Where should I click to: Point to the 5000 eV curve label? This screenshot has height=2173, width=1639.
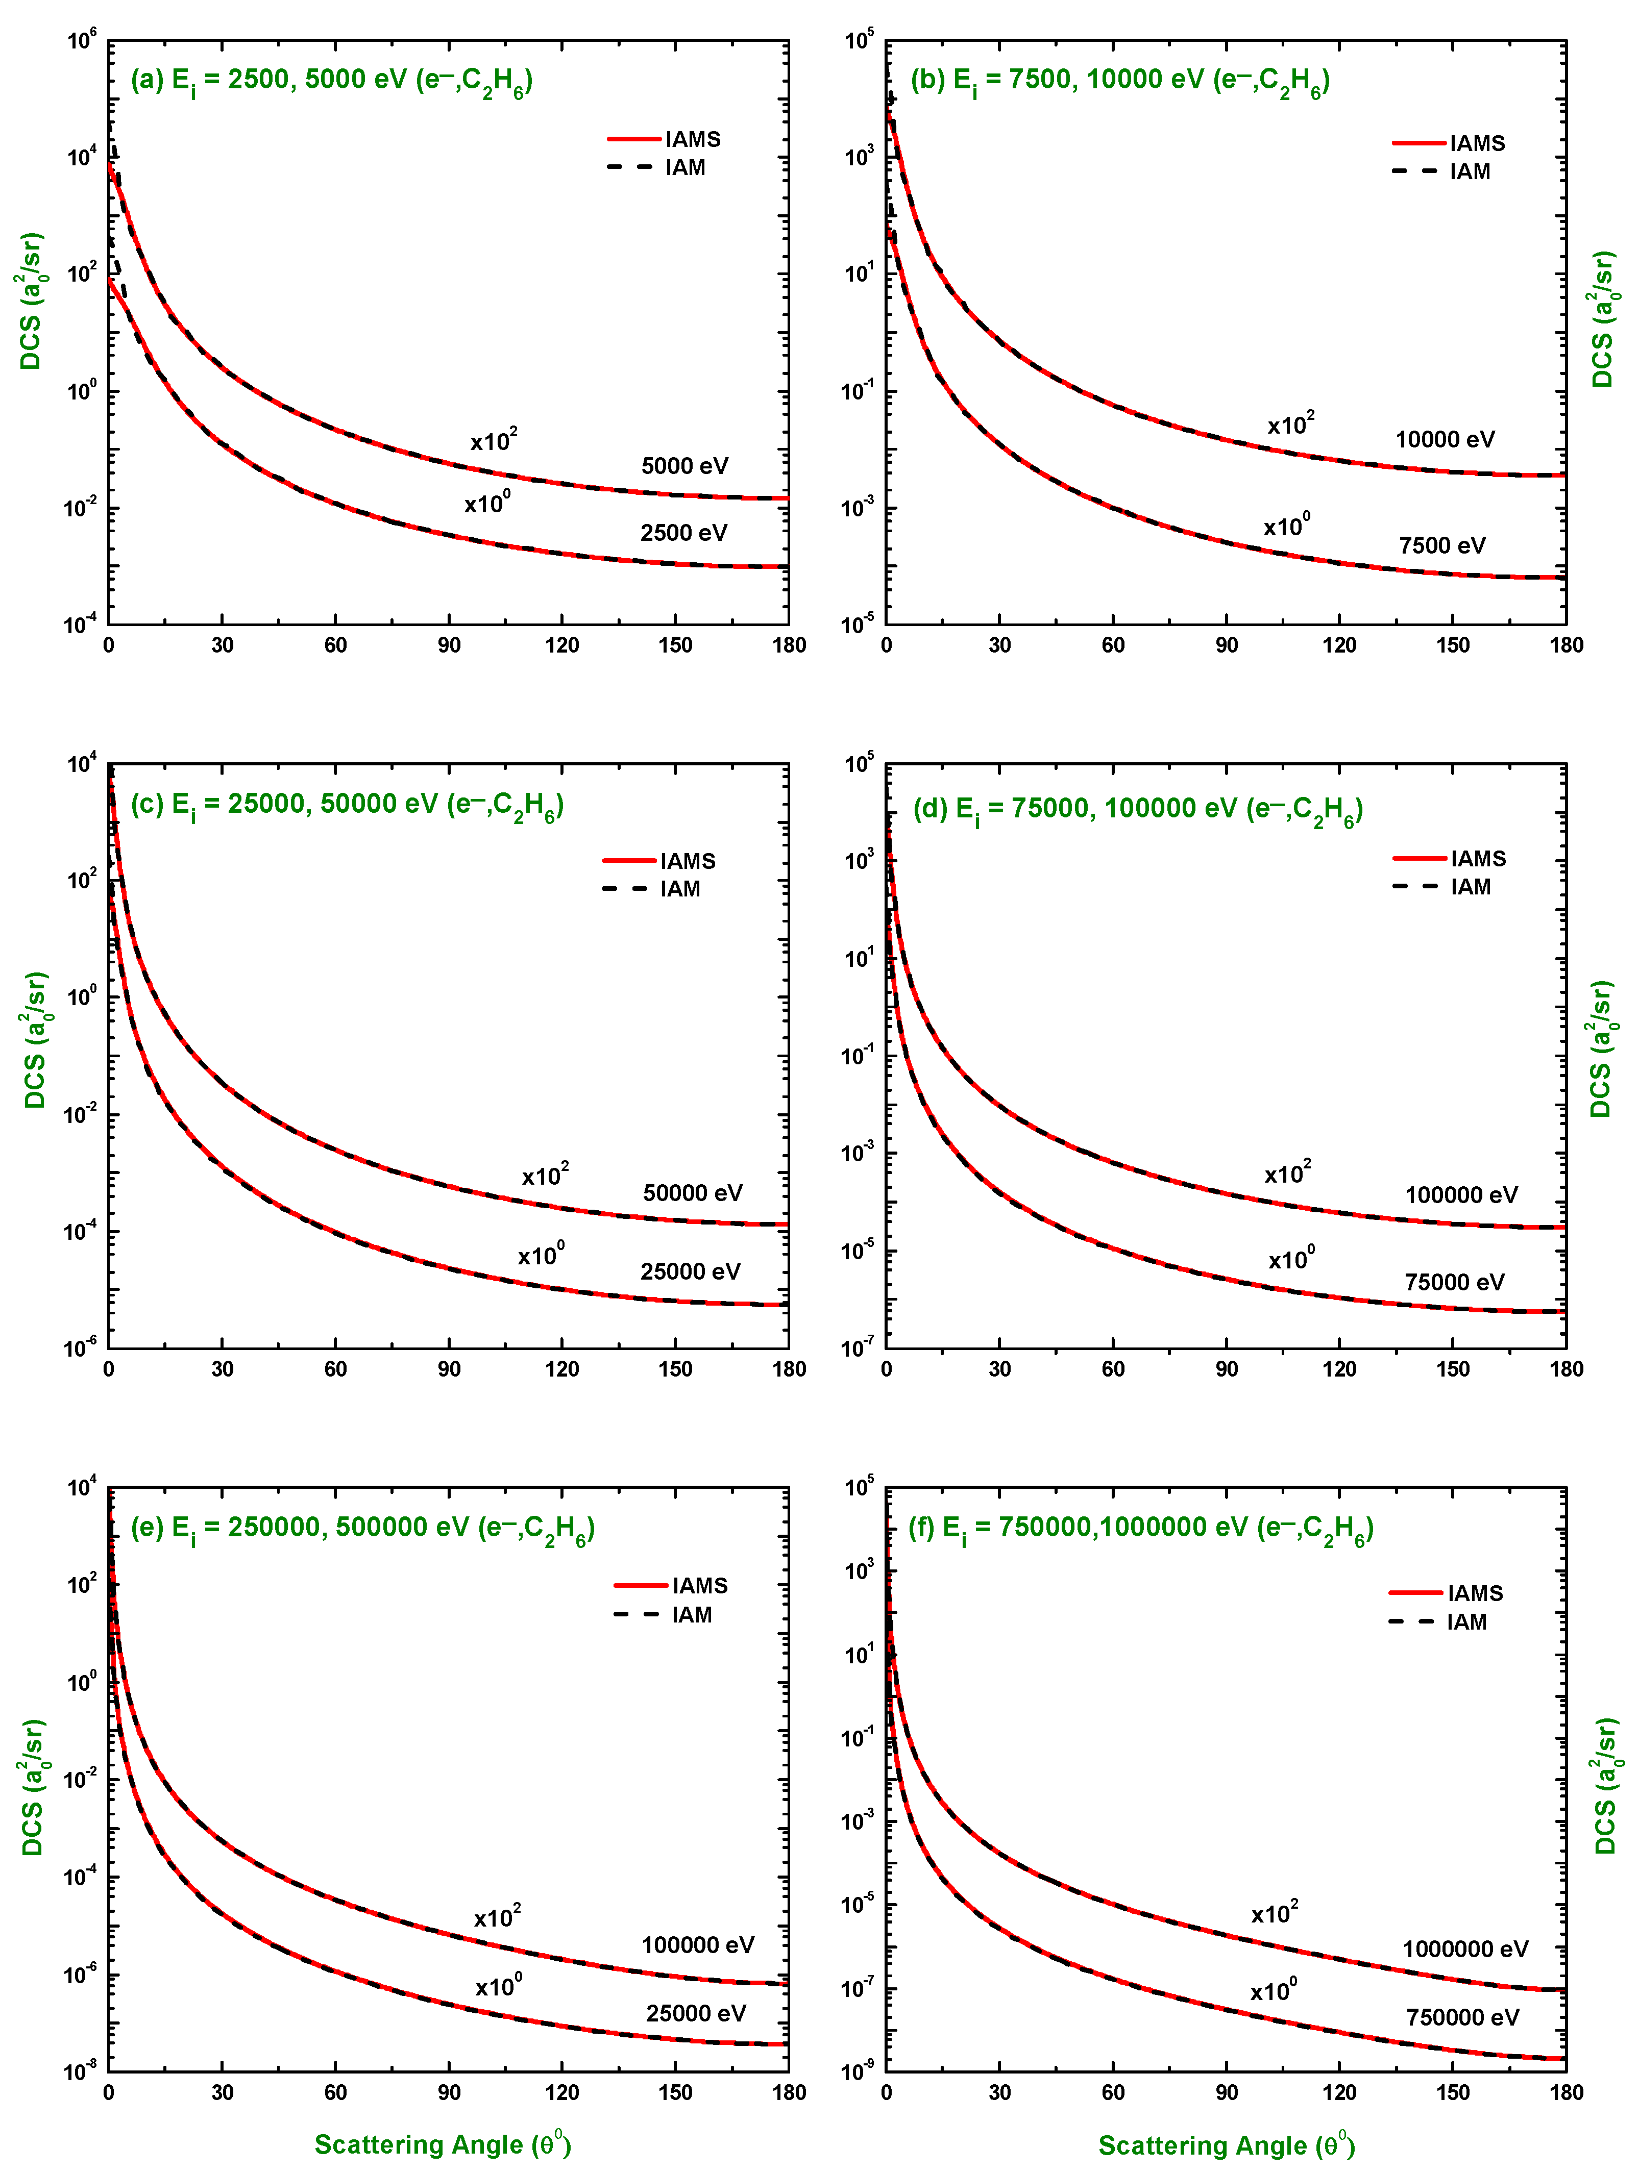click(685, 466)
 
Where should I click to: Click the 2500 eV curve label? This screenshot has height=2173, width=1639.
click(684, 533)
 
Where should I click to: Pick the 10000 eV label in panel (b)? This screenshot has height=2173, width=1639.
click(1445, 439)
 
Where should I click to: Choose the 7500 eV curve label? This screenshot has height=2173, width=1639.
click(1441, 545)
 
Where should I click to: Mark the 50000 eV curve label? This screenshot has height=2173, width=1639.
click(693, 1192)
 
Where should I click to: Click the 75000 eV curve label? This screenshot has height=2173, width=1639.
click(1454, 1282)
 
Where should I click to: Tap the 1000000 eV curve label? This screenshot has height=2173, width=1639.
click(1465, 1949)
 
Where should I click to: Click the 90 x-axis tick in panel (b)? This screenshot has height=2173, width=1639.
click(1226, 645)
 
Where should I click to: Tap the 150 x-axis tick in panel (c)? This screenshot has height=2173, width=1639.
click(675, 1369)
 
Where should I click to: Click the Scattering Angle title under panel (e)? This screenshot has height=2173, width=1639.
click(442, 2144)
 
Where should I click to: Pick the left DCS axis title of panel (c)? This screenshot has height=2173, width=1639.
click(34, 1040)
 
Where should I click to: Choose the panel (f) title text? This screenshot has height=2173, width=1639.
click(1140, 1530)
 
